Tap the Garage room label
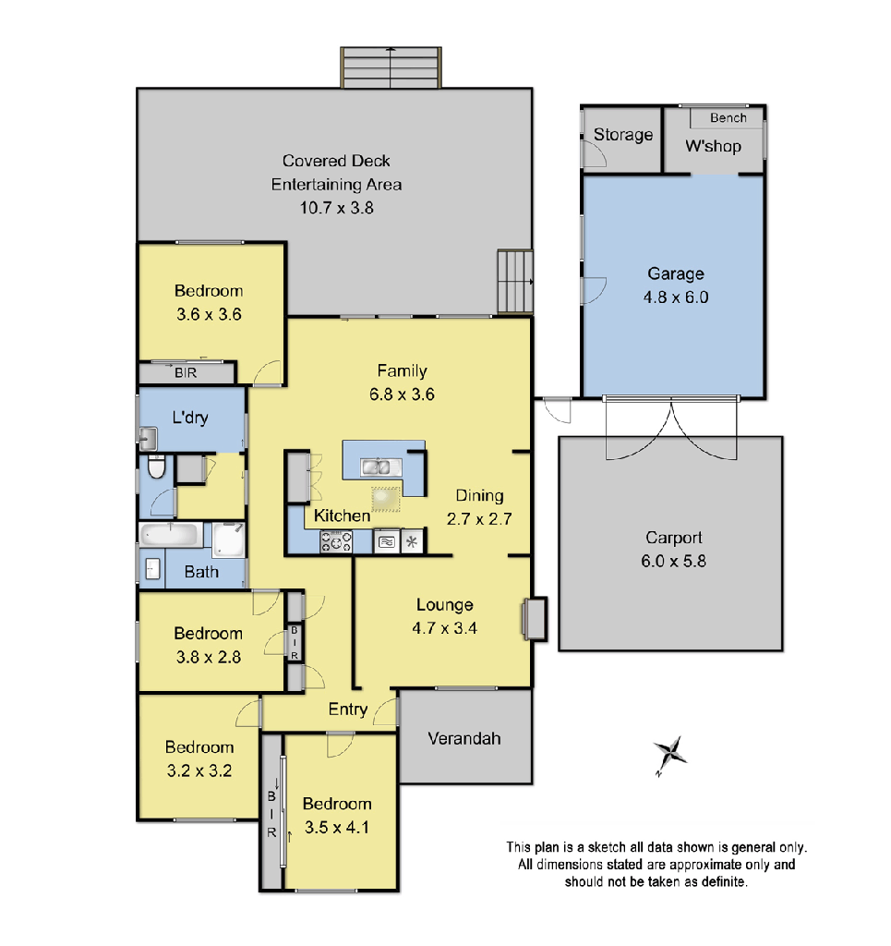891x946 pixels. pyautogui.click(x=675, y=273)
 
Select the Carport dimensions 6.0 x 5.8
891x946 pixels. pyautogui.click(x=675, y=560)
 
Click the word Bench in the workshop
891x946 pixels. pyautogui.click(x=728, y=118)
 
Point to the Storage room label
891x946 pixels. pyautogui.click(x=622, y=135)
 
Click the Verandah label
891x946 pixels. pyautogui.click(x=464, y=738)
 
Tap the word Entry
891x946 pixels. pyautogui.click(x=348, y=709)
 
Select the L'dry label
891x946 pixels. pyautogui.click(x=190, y=418)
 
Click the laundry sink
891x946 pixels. pyautogui.click(x=148, y=437)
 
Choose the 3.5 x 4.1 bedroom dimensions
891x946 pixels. pyautogui.click(x=337, y=828)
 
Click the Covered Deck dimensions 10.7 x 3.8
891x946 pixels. pyautogui.click(x=336, y=208)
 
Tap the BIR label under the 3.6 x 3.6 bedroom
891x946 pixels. pyautogui.click(x=186, y=374)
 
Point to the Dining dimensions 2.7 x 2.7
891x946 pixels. pyautogui.click(x=479, y=519)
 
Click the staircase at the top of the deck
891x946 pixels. pyautogui.click(x=390, y=67)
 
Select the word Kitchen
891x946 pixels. pyautogui.click(x=342, y=515)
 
